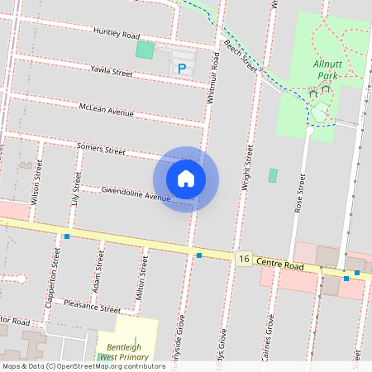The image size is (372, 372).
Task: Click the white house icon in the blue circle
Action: [x=186, y=179]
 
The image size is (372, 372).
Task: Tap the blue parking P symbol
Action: [x=182, y=68]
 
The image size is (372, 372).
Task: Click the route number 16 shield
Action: [x=242, y=259]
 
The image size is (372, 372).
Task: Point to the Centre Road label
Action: [x=280, y=265]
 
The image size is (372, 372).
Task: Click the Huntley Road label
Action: [x=117, y=34]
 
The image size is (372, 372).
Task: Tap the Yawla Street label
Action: [x=112, y=72]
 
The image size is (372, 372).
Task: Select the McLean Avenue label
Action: [x=106, y=110]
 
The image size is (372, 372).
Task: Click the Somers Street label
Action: [x=101, y=150]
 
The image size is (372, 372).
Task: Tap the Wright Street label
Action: [x=246, y=169]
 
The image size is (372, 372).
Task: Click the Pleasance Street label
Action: [x=92, y=306]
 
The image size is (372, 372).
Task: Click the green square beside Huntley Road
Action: [x=145, y=50]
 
